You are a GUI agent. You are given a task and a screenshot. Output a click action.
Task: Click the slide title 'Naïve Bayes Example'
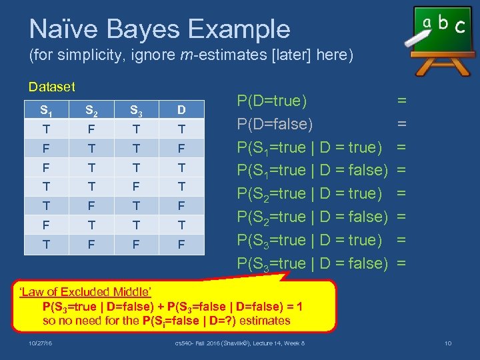point(159,29)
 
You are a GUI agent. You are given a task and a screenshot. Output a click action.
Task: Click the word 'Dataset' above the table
point(51,87)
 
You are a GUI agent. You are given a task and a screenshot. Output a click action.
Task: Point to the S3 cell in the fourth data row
point(136,187)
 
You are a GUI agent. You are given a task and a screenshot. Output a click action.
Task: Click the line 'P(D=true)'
point(272,101)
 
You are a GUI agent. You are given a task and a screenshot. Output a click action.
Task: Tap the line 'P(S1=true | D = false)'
point(313,171)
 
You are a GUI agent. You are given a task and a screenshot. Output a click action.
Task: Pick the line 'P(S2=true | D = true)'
point(310,193)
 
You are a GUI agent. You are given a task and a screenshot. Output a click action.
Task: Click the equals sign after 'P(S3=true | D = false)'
point(401,263)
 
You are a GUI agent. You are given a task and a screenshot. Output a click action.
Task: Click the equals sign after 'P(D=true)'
point(401,101)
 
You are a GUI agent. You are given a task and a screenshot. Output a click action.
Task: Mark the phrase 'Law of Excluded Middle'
point(85,292)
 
